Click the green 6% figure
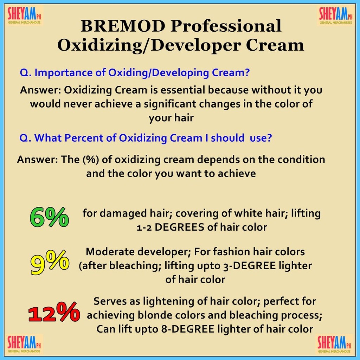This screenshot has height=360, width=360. pos(49,217)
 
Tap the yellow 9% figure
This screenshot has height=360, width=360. pos(50,262)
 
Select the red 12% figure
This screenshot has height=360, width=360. pos(54,312)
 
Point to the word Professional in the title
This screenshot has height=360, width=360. pos(226,26)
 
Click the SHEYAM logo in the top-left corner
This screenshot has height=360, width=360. pos(24,15)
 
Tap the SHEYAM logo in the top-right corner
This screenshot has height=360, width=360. pos(336,15)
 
